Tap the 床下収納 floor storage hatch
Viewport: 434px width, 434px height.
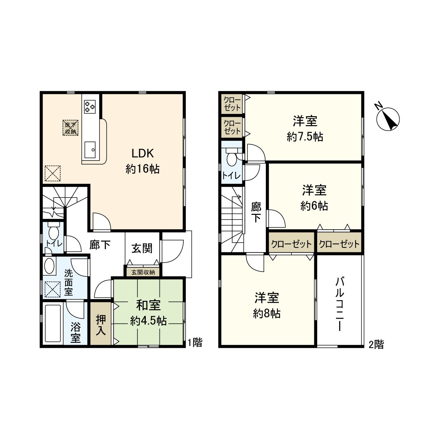tap(71, 128)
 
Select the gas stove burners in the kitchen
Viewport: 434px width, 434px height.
tap(90, 107)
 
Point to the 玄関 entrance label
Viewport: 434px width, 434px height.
tap(142, 248)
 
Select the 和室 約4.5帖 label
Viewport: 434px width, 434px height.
tap(148, 314)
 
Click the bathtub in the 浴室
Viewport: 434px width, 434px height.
tap(53, 323)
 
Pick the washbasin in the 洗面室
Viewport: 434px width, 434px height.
tap(50, 266)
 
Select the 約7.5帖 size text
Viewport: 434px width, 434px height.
tap(305, 137)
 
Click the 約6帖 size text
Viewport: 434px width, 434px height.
tap(314, 206)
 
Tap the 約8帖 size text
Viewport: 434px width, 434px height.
tap(267, 314)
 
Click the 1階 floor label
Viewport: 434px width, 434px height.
tap(195, 343)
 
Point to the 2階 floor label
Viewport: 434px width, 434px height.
tap(376, 345)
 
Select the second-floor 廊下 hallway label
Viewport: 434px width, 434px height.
tap(256, 212)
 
